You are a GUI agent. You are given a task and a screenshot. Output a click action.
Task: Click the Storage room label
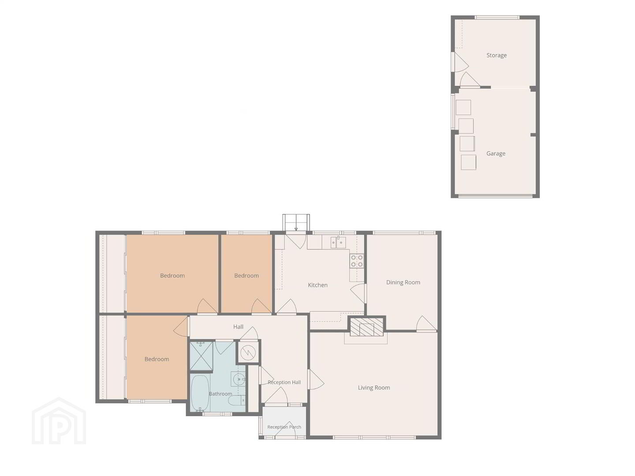pyautogui.click(x=496, y=55)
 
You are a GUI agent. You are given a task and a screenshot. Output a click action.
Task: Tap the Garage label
pyautogui.click(x=496, y=153)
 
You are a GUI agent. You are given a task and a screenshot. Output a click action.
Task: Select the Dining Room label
pyautogui.click(x=403, y=283)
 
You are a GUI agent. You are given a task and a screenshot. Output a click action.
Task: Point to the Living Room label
pyautogui.click(x=374, y=387)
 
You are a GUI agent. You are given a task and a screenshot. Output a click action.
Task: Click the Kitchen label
pyautogui.click(x=317, y=285)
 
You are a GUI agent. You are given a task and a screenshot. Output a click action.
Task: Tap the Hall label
pyautogui.click(x=238, y=327)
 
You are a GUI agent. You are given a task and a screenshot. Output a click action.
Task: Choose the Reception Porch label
pyautogui.click(x=284, y=427)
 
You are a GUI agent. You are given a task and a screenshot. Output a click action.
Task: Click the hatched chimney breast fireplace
pyautogui.click(x=366, y=327)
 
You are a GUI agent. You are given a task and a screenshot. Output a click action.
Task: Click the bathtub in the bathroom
pyautogui.click(x=200, y=393)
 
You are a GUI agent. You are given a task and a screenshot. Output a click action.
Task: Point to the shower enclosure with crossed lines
pyautogui.click(x=202, y=356)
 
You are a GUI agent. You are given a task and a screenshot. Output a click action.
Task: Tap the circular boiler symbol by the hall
pyautogui.click(x=248, y=352)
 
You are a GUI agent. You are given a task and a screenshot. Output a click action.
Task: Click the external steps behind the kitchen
pyautogui.click(x=296, y=223)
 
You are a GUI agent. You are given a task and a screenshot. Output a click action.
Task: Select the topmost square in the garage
pyautogui.click(x=463, y=107)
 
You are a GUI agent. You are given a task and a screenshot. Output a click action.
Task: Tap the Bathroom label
pyautogui.click(x=220, y=394)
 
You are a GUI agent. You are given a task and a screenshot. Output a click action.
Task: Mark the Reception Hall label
pyautogui.click(x=284, y=382)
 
